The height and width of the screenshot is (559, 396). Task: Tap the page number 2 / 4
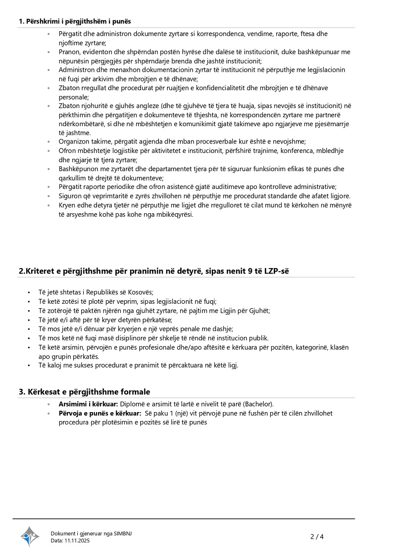point(317,536)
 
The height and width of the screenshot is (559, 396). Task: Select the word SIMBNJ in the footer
point(123,533)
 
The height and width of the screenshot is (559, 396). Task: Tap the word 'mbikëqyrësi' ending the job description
point(176,214)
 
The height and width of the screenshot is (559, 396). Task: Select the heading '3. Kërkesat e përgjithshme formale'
point(85,392)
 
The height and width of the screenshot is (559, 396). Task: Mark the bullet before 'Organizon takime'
point(49,142)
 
